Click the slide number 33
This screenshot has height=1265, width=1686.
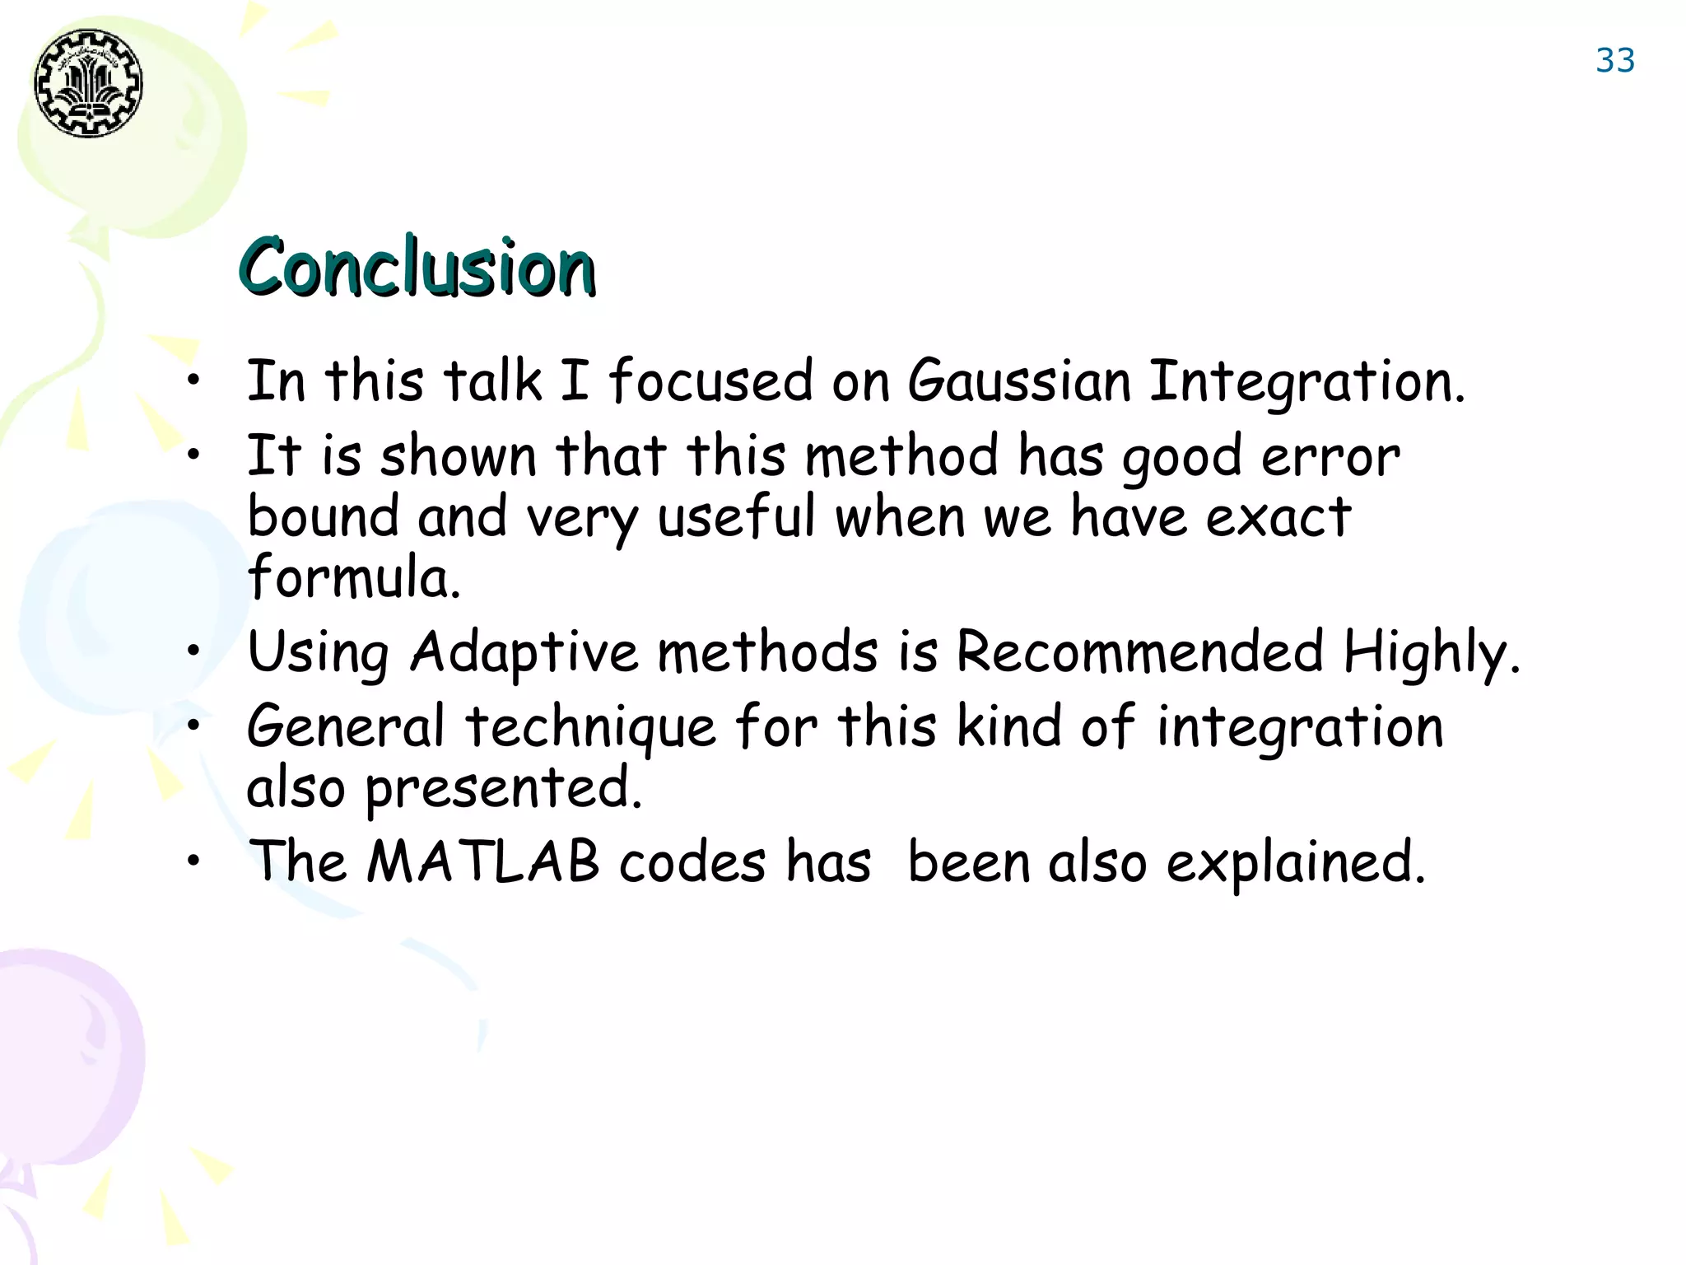click(x=1614, y=61)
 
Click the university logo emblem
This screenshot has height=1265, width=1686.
click(x=88, y=83)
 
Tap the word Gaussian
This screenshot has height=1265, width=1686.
click(x=1019, y=381)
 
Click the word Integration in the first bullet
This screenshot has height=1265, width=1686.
click(x=1306, y=383)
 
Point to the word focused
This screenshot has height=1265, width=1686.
click(x=710, y=381)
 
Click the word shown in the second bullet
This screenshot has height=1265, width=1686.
click(x=458, y=456)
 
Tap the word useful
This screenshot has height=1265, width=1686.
click(x=736, y=517)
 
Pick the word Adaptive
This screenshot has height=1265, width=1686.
click(x=524, y=653)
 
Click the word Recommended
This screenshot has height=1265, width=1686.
click(x=1139, y=651)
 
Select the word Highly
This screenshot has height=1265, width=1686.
click(x=1431, y=653)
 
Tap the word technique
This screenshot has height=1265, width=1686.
click(x=590, y=728)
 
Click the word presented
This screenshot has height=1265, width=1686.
click(x=502, y=788)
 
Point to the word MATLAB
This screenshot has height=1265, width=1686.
click(x=483, y=862)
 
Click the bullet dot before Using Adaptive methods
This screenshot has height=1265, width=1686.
click(x=193, y=651)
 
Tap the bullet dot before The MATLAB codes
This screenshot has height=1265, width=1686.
click(x=193, y=861)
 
